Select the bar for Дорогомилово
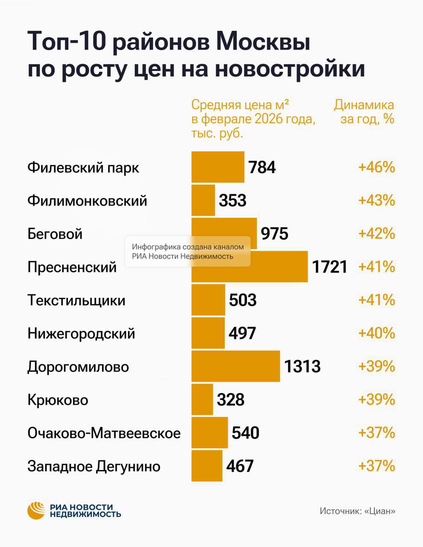tap(235, 366)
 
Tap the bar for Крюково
tap(202, 400)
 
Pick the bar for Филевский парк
tap(217, 167)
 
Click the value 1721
tap(329, 267)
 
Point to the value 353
tap(232, 200)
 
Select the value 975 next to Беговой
tap(274, 234)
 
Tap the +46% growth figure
tap(376, 167)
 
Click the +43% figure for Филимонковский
tap(376, 200)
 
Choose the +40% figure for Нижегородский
tap(376, 333)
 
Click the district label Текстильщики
tap(76, 300)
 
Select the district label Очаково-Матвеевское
tap(104, 433)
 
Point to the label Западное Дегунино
tap(94, 466)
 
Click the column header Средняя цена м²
tap(253, 118)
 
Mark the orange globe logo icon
tap(36, 510)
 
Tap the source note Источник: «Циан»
tap(357, 511)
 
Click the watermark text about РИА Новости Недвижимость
tap(188, 252)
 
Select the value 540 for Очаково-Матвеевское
tap(245, 433)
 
